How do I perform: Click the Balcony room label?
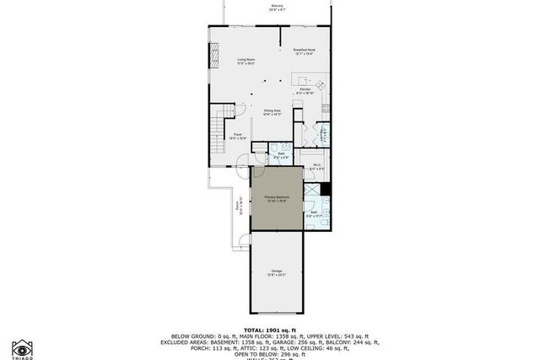[277, 8]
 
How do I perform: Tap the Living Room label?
[246, 61]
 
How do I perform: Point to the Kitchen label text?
[305, 89]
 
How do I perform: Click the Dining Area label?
[272, 111]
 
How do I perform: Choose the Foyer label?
[239, 135]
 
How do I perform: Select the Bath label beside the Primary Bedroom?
[313, 213]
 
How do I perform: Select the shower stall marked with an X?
[312, 193]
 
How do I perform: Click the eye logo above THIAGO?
[22, 346]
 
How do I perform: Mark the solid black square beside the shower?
[325, 189]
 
